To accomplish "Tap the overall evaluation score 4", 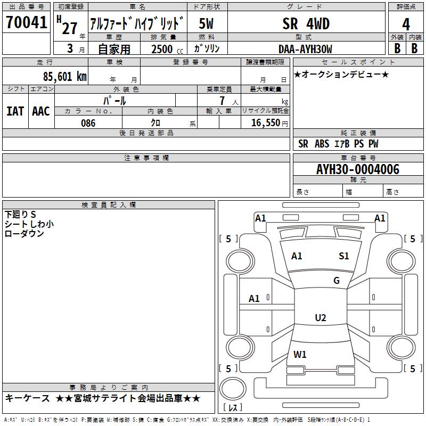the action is (406, 24).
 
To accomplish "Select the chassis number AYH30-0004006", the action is (358, 170).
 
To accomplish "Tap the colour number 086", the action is (88, 123).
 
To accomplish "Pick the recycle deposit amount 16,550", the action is (265, 123).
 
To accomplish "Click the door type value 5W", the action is (207, 24).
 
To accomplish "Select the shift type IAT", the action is (15, 111).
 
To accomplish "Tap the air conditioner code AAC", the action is (41, 111).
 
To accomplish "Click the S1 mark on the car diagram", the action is (344, 256).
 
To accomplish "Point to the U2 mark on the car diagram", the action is (320, 318).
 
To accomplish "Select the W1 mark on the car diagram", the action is (300, 354).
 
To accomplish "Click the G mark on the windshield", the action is (337, 281).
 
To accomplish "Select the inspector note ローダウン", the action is (24, 233).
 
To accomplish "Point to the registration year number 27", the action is (69, 28).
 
